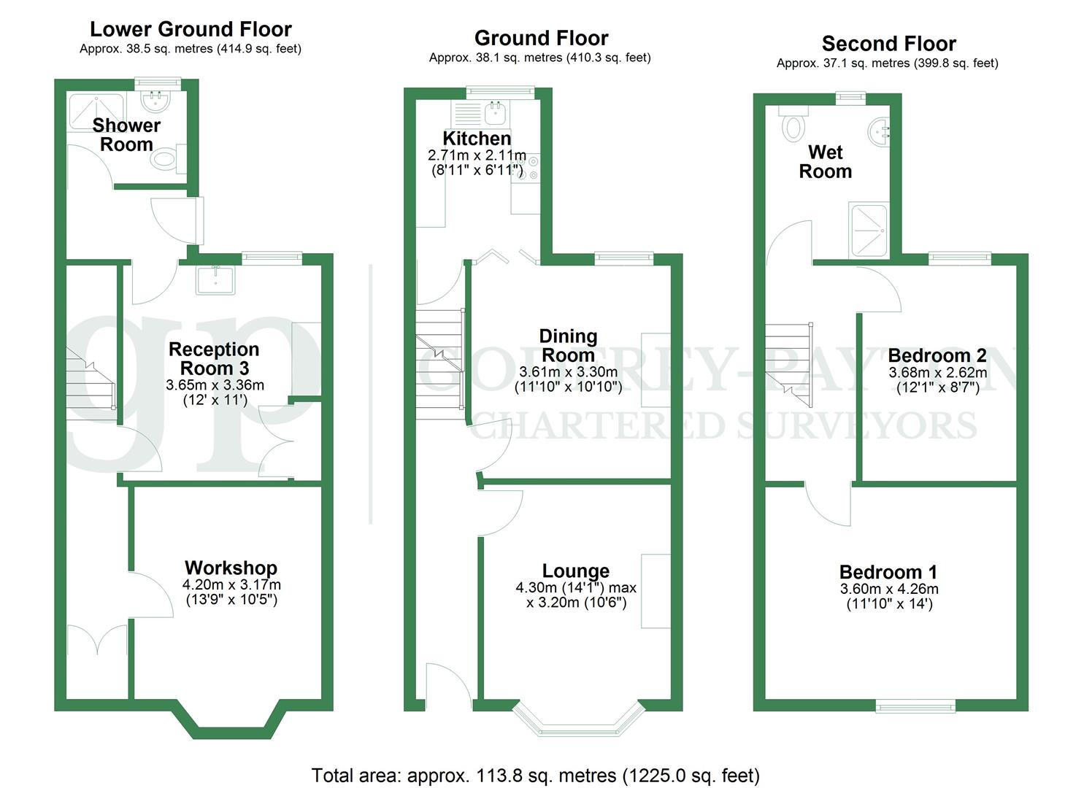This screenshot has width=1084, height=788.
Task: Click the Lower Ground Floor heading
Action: [x=191, y=29]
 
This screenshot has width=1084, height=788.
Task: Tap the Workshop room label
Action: [x=231, y=568]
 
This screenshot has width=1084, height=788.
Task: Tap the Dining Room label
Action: [x=568, y=346]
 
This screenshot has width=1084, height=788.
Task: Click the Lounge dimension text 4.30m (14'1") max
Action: [x=576, y=587]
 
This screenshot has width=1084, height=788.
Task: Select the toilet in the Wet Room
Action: [x=792, y=125]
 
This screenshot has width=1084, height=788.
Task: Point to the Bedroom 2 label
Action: [x=937, y=355]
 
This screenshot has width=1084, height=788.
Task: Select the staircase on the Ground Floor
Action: [x=440, y=363]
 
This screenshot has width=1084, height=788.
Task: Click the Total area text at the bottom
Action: [x=535, y=775]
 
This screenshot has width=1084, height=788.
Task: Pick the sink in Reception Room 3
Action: [x=215, y=279]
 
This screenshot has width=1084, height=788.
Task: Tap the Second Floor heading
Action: [x=888, y=44]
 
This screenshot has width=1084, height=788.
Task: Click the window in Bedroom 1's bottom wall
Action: [x=915, y=706]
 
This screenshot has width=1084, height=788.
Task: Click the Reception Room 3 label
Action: [x=214, y=358]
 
